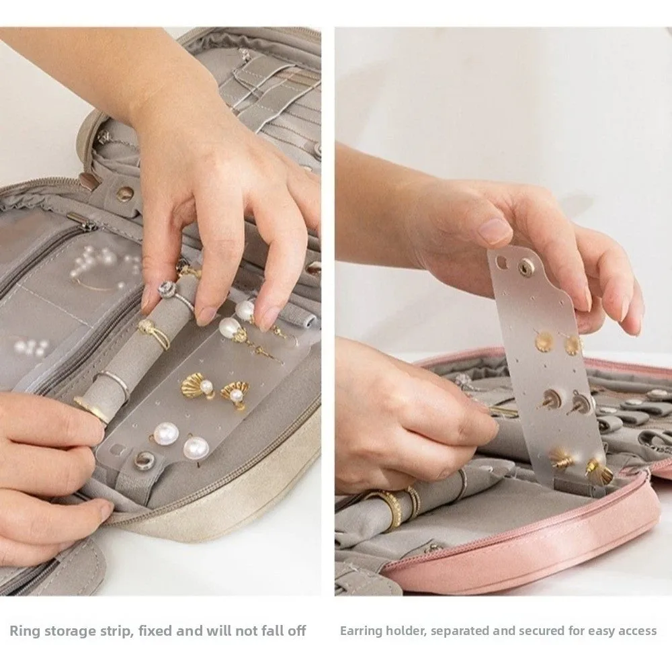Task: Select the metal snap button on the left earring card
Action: click(143, 461)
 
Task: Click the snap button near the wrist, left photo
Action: click(125, 194)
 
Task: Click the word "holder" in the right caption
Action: click(409, 630)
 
